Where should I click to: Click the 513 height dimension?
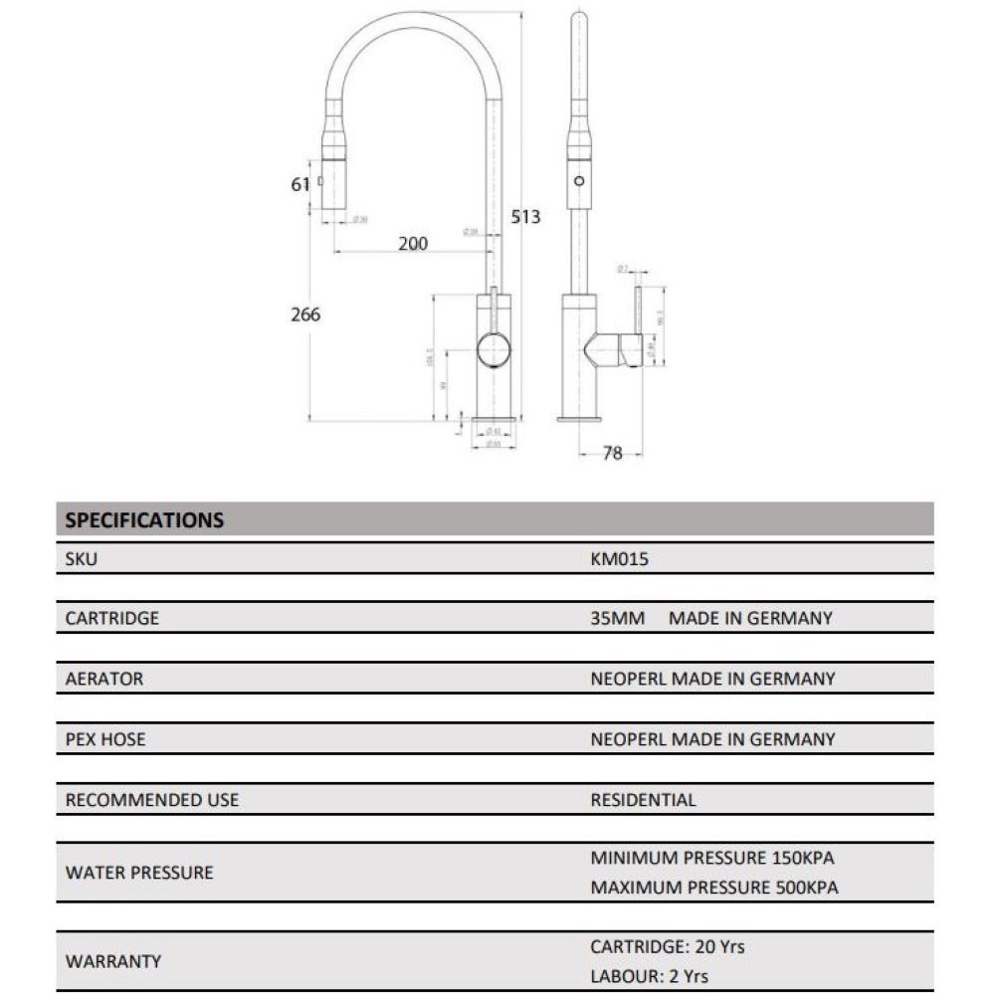pyautogui.click(x=525, y=216)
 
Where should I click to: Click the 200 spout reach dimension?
pyautogui.click(x=412, y=244)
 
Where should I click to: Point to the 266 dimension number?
pyautogui.click(x=305, y=314)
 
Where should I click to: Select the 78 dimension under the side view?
pyautogui.click(x=613, y=453)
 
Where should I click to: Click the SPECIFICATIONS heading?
pyautogui.click(x=144, y=519)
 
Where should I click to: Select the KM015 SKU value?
pyautogui.click(x=619, y=559)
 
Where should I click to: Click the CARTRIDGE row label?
pyautogui.click(x=112, y=618)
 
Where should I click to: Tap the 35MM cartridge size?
pyautogui.click(x=618, y=618)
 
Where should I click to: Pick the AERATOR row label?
pyautogui.click(x=104, y=679)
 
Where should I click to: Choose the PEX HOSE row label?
pyautogui.click(x=105, y=739)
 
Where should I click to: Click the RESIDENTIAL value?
pyautogui.click(x=643, y=800)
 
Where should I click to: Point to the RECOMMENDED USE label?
pyautogui.click(x=152, y=800)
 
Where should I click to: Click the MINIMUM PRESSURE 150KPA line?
pyautogui.click(x=712, y=858)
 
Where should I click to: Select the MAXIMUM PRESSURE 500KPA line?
pyautogui.click(x=714, y=888)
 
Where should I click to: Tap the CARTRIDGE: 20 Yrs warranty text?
pyautogui.click(x=667, y=947)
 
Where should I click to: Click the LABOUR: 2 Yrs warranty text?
pyautogui.click(x=649, y=977)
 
